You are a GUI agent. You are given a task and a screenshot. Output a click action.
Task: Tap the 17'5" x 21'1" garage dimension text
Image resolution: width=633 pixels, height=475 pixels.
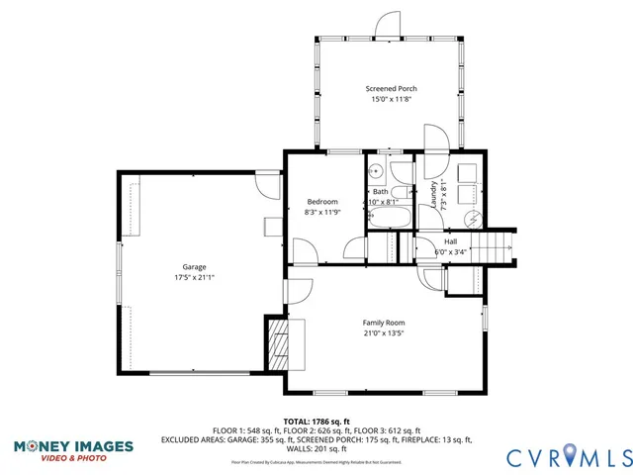coord(194,277)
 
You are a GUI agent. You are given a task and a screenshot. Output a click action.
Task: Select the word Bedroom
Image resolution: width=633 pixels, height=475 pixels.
coord(321,201)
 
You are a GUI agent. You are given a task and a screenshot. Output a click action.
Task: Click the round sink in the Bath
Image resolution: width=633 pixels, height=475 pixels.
coord(376,170)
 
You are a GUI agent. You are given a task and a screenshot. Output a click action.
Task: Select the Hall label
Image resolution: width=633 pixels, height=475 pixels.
coord(450,241)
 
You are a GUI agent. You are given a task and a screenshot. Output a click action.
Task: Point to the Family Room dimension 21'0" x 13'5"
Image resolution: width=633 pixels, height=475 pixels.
coord(383,333)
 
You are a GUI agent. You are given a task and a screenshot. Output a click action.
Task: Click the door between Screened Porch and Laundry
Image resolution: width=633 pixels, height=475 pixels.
coord(436,139)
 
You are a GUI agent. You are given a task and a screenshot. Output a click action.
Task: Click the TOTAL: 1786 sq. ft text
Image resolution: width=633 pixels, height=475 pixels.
coord(316,422)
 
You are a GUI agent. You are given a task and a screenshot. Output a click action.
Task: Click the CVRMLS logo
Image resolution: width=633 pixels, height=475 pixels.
coord(569,456)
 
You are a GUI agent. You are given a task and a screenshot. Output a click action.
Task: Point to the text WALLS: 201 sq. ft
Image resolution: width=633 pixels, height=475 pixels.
coord(316,448)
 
